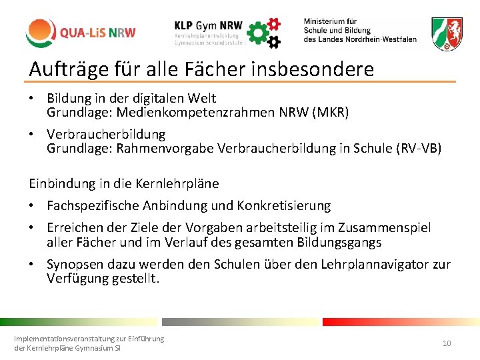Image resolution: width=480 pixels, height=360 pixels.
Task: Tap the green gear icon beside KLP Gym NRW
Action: (258, 31)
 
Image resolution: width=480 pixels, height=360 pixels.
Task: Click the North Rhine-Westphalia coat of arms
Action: (447, 33)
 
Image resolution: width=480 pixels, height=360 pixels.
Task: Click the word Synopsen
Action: (75, 265)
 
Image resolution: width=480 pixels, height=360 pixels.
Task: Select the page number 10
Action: (447, 343)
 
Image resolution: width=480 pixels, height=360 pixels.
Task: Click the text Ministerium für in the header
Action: (330, 21)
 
